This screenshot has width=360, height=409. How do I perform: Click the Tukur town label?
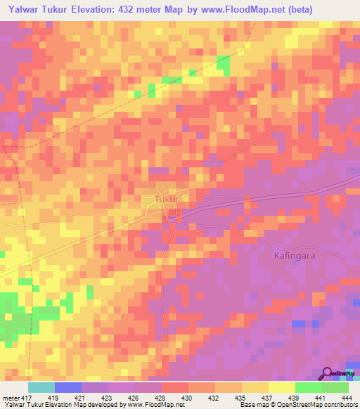click(x=166, y=200)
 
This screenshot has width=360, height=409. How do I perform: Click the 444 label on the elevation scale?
click(x=345, y=398)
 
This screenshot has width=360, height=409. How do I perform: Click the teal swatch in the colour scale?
click(x=41, y=387)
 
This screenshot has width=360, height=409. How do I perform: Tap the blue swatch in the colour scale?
click(x=68, y=387)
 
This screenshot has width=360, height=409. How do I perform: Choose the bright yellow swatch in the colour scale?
click(x=281, y=387)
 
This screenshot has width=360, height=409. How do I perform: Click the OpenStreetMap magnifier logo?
click(x=328, y=373)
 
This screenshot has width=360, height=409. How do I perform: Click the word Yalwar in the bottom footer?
click(x=13, y=405)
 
